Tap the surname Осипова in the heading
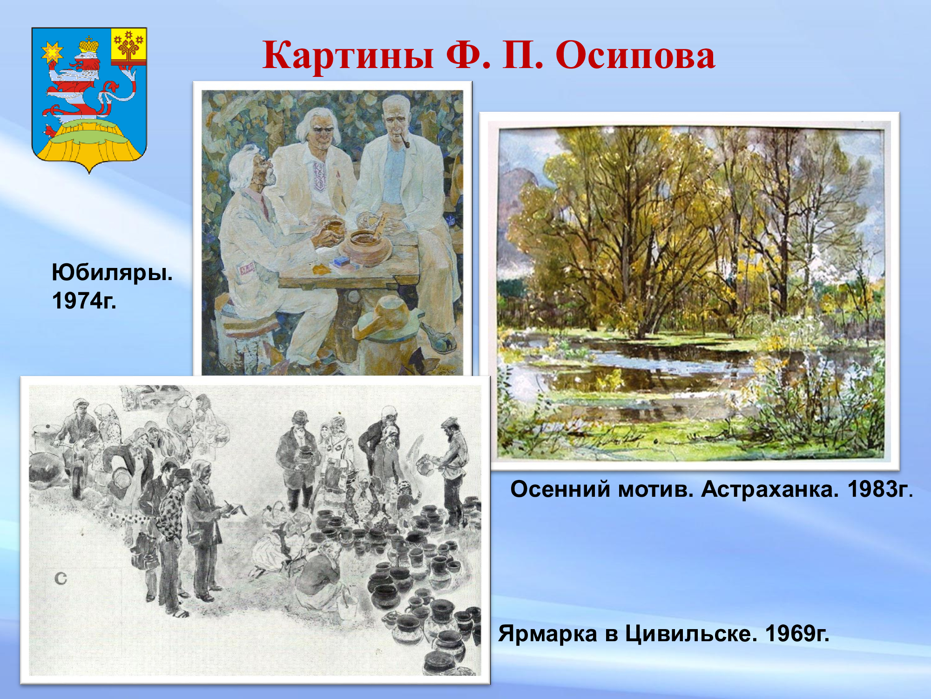click(635, 55)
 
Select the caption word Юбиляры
click(112, 273)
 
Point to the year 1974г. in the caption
click(84, 301)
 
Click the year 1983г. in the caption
click(880, 489)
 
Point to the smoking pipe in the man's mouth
click(404, 141)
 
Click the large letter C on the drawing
click(61, 579)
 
